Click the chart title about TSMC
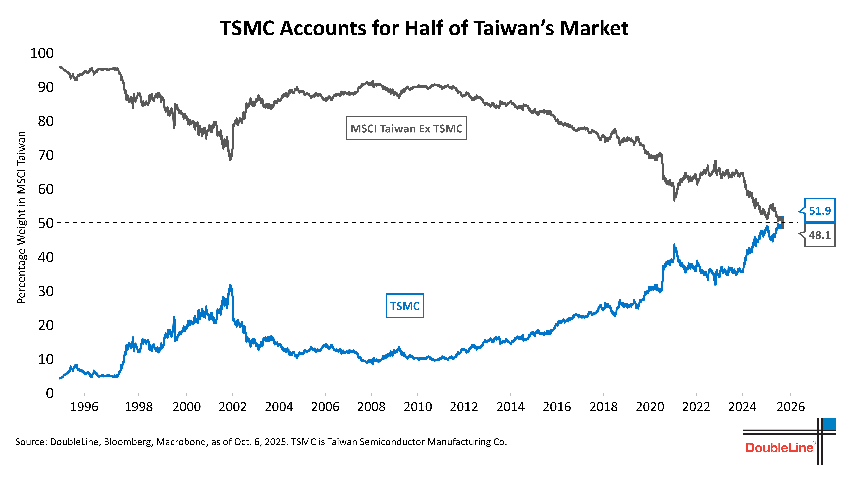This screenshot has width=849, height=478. click(424, 28)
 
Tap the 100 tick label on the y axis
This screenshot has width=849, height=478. click(42, 53)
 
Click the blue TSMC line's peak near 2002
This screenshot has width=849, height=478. click(230, 286)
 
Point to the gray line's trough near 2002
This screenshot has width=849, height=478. click(230, 159)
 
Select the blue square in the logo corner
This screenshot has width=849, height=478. click(829, 424)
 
